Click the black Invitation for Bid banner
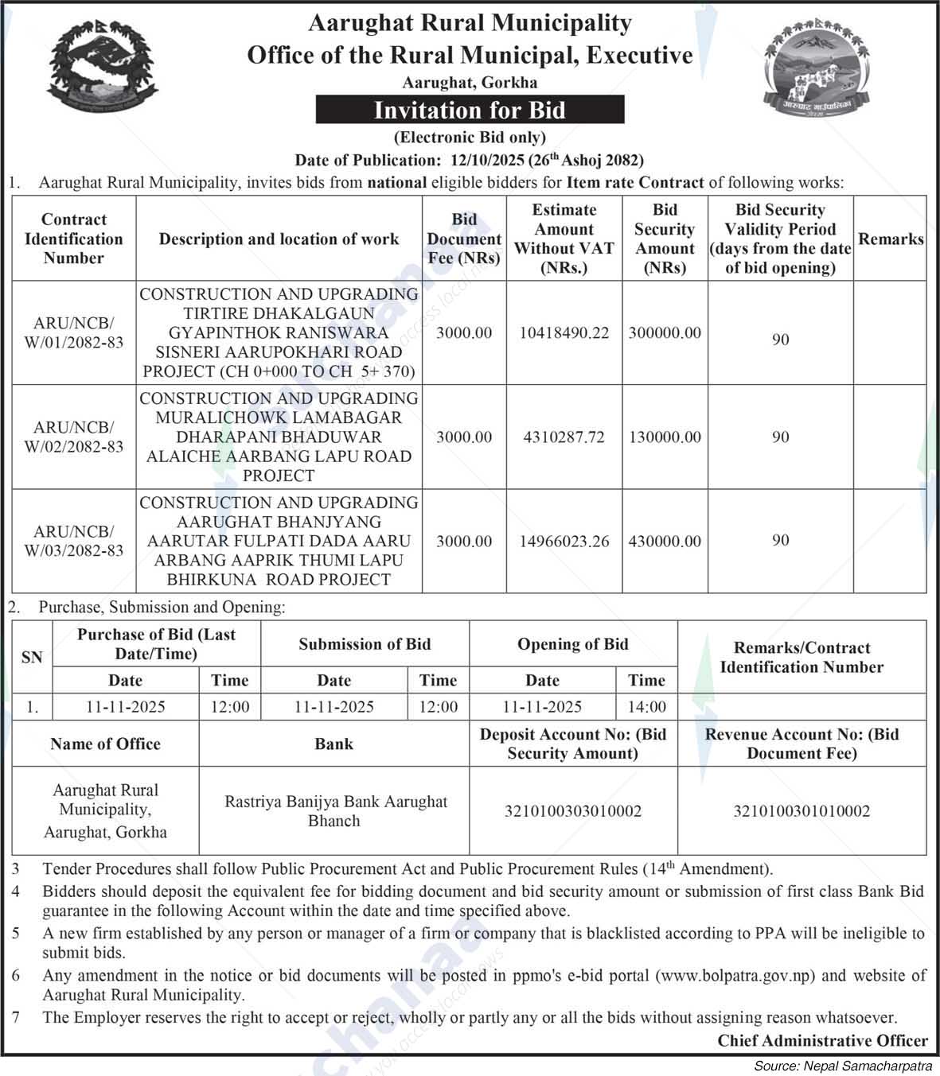coord(470,110)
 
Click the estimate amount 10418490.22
coord(564,333)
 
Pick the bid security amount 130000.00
coord(665,437)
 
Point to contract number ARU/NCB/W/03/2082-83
coord(74,541)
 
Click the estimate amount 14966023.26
coord(564,542)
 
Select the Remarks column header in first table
coord(890,239)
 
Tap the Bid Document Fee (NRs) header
coord(464,239)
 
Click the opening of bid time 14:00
coord(646,707)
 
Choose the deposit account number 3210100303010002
coord(573,811)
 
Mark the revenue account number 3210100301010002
coord(802,811)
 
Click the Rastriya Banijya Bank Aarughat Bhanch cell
coord(335,811)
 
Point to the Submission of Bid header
coord(365,644)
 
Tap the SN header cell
coord(32,658)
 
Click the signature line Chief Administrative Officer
coord(822,1040)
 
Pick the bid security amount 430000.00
coord(665,542)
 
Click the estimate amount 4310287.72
coord(564,437)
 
